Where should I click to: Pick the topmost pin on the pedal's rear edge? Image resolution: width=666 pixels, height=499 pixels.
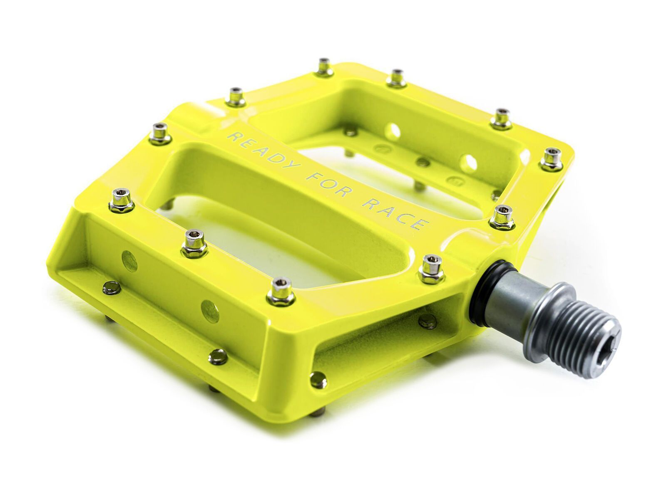(323, 67)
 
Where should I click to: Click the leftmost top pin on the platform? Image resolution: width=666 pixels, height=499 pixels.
(159, 132)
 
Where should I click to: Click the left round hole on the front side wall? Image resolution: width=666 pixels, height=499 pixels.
(129, 261)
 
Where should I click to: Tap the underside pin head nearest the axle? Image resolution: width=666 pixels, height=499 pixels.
(427, 321)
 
